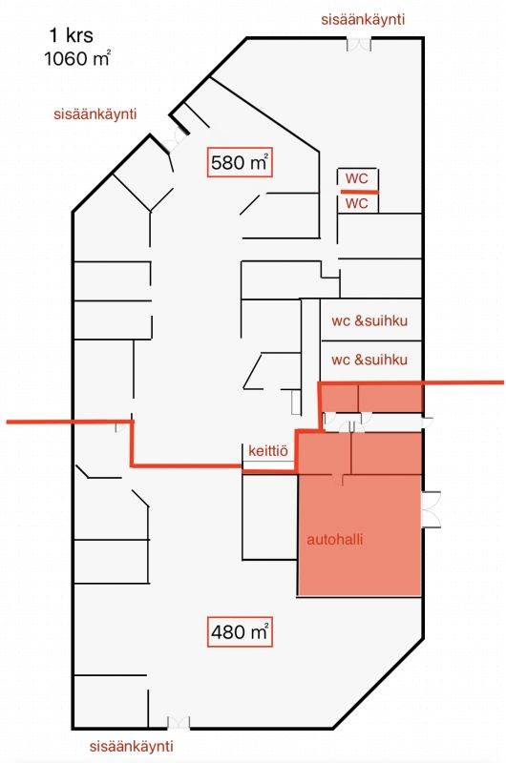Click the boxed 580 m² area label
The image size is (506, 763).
point(240,162)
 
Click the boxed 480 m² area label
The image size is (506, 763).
point(240,631)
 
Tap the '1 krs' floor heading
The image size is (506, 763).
point(71,35)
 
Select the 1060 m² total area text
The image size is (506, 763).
point(77,58)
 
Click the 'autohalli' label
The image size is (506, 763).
point(335,539)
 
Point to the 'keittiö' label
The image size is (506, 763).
point(268,450)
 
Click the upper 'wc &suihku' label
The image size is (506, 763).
point(369,320)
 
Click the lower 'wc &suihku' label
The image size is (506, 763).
point(369,360)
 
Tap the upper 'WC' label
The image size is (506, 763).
point(357,178)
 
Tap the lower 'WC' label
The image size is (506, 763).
point(357,203)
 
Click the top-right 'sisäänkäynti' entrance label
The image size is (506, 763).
point(363,19)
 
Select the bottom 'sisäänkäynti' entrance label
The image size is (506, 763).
point(132,747)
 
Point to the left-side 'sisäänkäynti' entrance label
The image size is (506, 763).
point(95,114)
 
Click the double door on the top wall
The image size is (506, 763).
point(359,44)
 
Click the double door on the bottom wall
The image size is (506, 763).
point(179,722)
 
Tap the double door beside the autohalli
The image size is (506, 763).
point(432,509)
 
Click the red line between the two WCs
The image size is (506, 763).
point(359,193)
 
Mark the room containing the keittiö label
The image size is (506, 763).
point(269,457)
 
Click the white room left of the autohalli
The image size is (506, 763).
point(270,517)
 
